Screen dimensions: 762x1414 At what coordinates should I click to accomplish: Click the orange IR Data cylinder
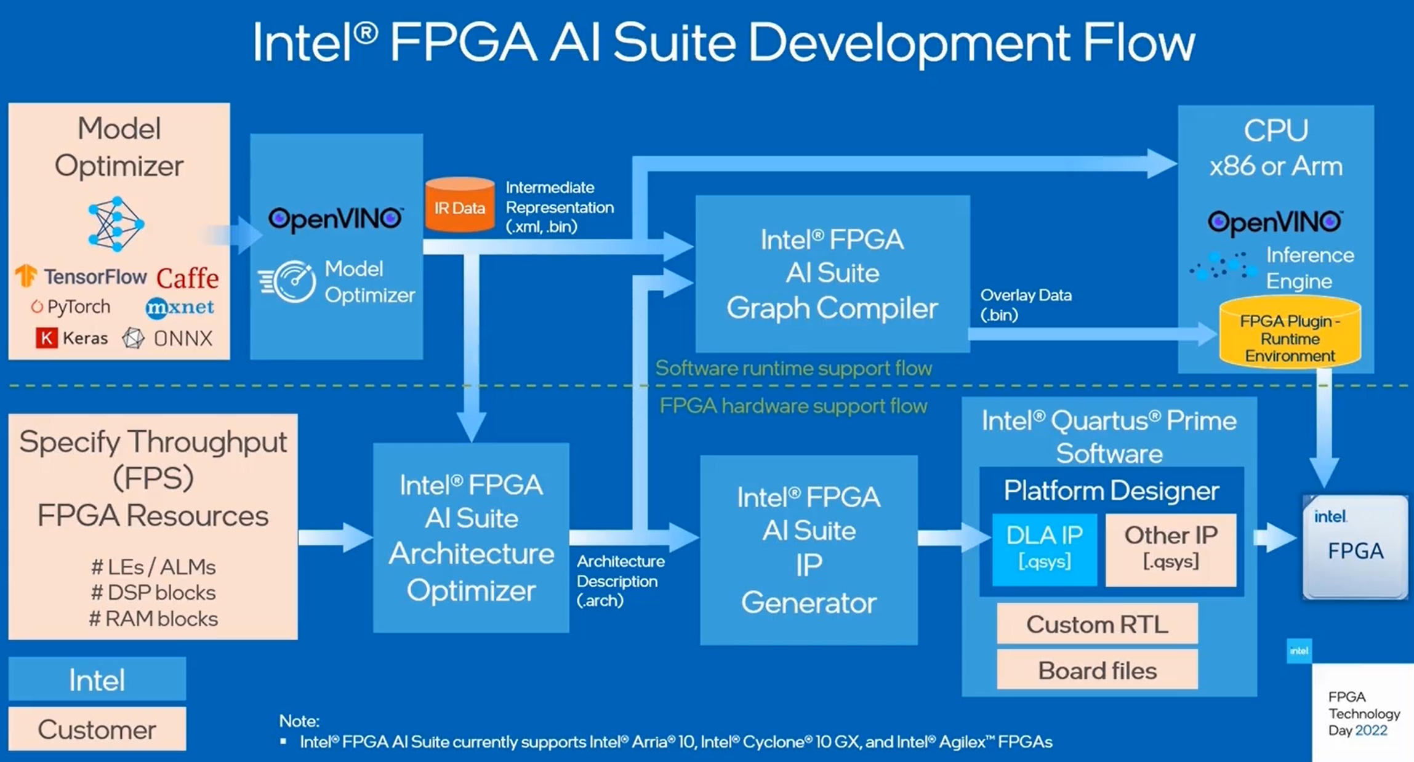459,206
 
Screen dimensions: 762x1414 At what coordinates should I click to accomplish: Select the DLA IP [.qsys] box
1044,548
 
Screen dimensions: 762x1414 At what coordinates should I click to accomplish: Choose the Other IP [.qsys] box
1171,548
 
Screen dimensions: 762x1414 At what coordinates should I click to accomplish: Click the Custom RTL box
1097,624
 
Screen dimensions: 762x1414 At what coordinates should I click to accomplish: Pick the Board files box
1097,670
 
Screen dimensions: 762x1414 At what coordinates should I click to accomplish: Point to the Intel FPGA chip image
1355,547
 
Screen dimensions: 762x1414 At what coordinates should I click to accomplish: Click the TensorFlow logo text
95,277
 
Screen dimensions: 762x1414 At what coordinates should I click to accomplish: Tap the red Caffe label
187,278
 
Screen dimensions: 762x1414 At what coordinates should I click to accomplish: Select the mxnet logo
180,307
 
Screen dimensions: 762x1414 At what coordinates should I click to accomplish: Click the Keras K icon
46,338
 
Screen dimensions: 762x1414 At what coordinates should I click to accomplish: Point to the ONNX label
182,338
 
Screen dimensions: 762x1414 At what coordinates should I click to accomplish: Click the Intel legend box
97,680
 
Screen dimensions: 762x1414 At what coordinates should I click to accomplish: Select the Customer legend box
97,729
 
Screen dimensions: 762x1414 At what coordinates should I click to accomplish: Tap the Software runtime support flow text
793,368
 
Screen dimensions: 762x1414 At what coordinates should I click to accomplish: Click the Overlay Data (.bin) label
1026,305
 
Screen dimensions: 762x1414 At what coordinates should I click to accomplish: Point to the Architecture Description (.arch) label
620,580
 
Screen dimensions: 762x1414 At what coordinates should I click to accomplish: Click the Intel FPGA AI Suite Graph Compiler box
832,273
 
